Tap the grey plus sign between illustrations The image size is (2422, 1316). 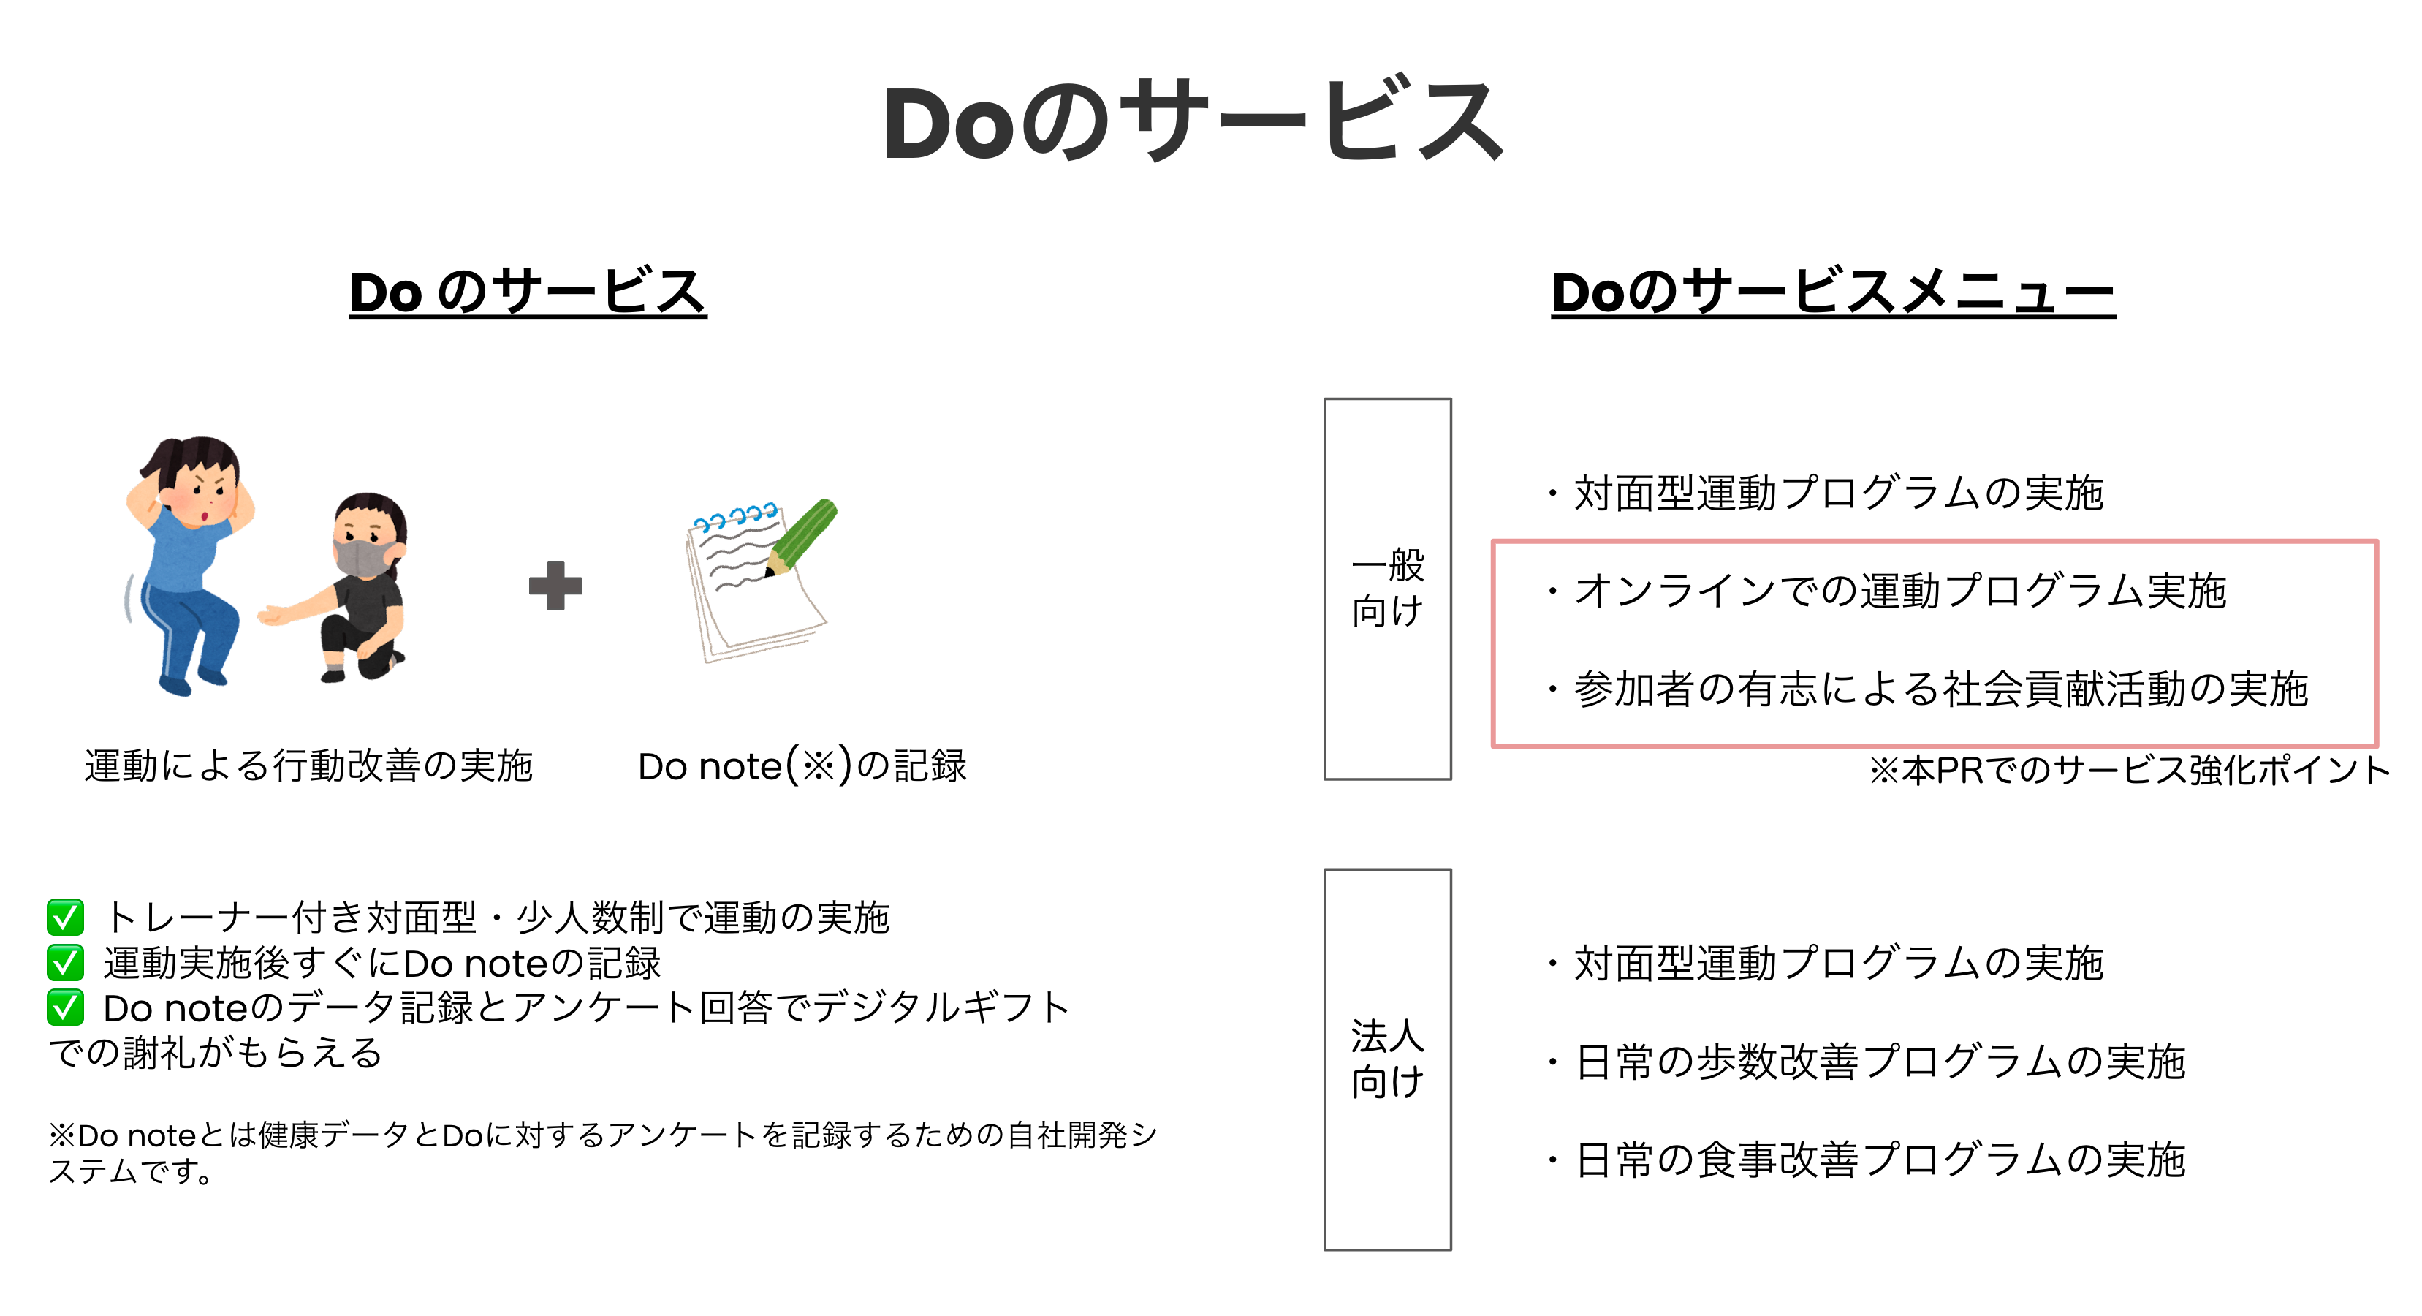[555, 586]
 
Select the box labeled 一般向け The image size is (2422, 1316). [1387, 589]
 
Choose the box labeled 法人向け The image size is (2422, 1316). [1387, 1059]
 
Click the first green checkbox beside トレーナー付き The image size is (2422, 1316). [65, 917]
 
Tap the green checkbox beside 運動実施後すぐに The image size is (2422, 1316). [65, 962]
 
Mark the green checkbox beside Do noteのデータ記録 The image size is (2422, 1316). [65, 1007]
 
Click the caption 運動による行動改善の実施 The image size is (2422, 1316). [308, 765]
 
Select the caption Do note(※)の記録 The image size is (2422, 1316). [802, 765]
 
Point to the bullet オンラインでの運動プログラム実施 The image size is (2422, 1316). [1899, 591]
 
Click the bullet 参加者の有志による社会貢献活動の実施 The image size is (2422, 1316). [1940, 689]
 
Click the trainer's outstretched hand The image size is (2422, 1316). [272, 616]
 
